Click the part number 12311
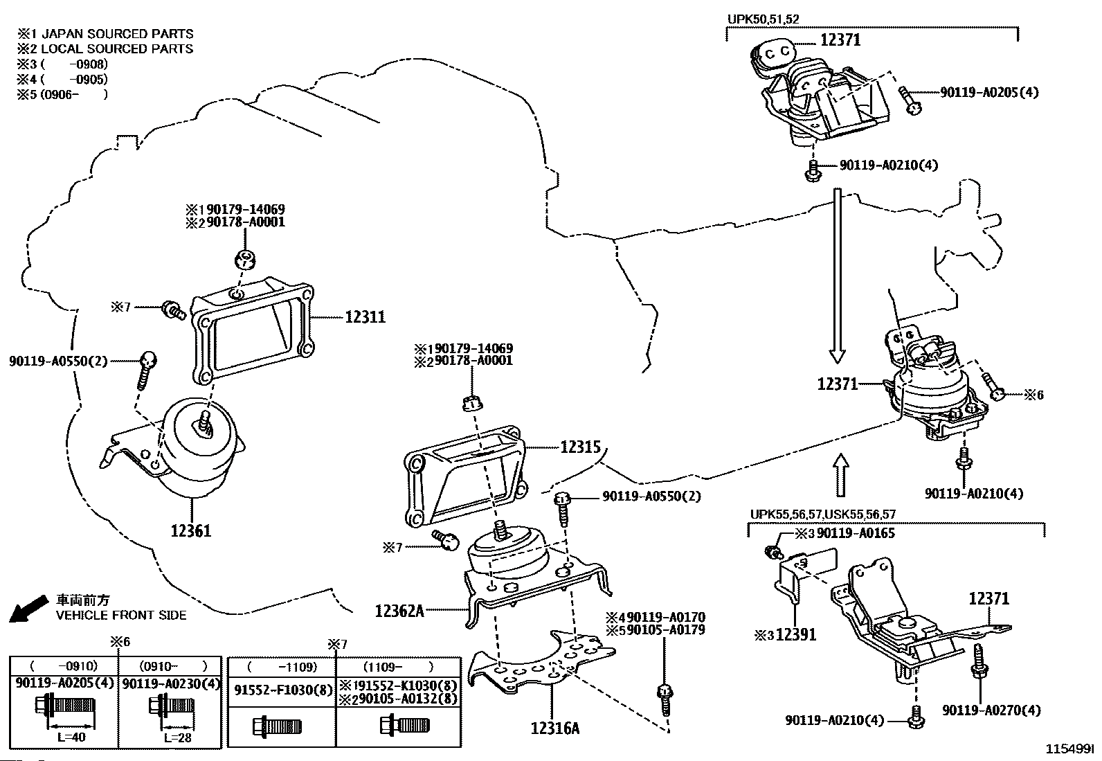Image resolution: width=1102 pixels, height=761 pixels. coord(365,316)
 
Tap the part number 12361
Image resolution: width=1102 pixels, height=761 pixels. coord(191,530)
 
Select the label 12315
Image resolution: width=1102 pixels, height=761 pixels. coord(581,447)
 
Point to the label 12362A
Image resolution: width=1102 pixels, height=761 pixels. coord(399,611)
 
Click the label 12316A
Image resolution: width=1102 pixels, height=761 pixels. coord(555,728)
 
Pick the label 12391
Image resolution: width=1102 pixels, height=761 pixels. coord(796,635)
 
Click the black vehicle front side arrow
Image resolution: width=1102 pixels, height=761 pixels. coord(28,609)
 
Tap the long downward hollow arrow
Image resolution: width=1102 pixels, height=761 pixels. coord(838,276)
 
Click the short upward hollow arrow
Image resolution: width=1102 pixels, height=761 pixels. coord(841,474)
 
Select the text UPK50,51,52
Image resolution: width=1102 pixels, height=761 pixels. coord(763,19)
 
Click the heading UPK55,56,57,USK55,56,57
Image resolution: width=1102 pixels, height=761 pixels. coord(822,514)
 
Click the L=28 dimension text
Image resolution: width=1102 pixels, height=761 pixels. coord(178,737)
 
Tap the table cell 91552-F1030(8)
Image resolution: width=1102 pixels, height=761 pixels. coord(283,690)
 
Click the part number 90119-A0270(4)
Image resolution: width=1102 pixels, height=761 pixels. coord(991,710)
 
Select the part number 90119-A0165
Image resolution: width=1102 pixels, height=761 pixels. coord(856,533)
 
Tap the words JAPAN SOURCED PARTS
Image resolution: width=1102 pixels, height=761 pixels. coord(118,34)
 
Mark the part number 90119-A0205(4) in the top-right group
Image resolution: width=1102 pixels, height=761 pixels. coord(989,92)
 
